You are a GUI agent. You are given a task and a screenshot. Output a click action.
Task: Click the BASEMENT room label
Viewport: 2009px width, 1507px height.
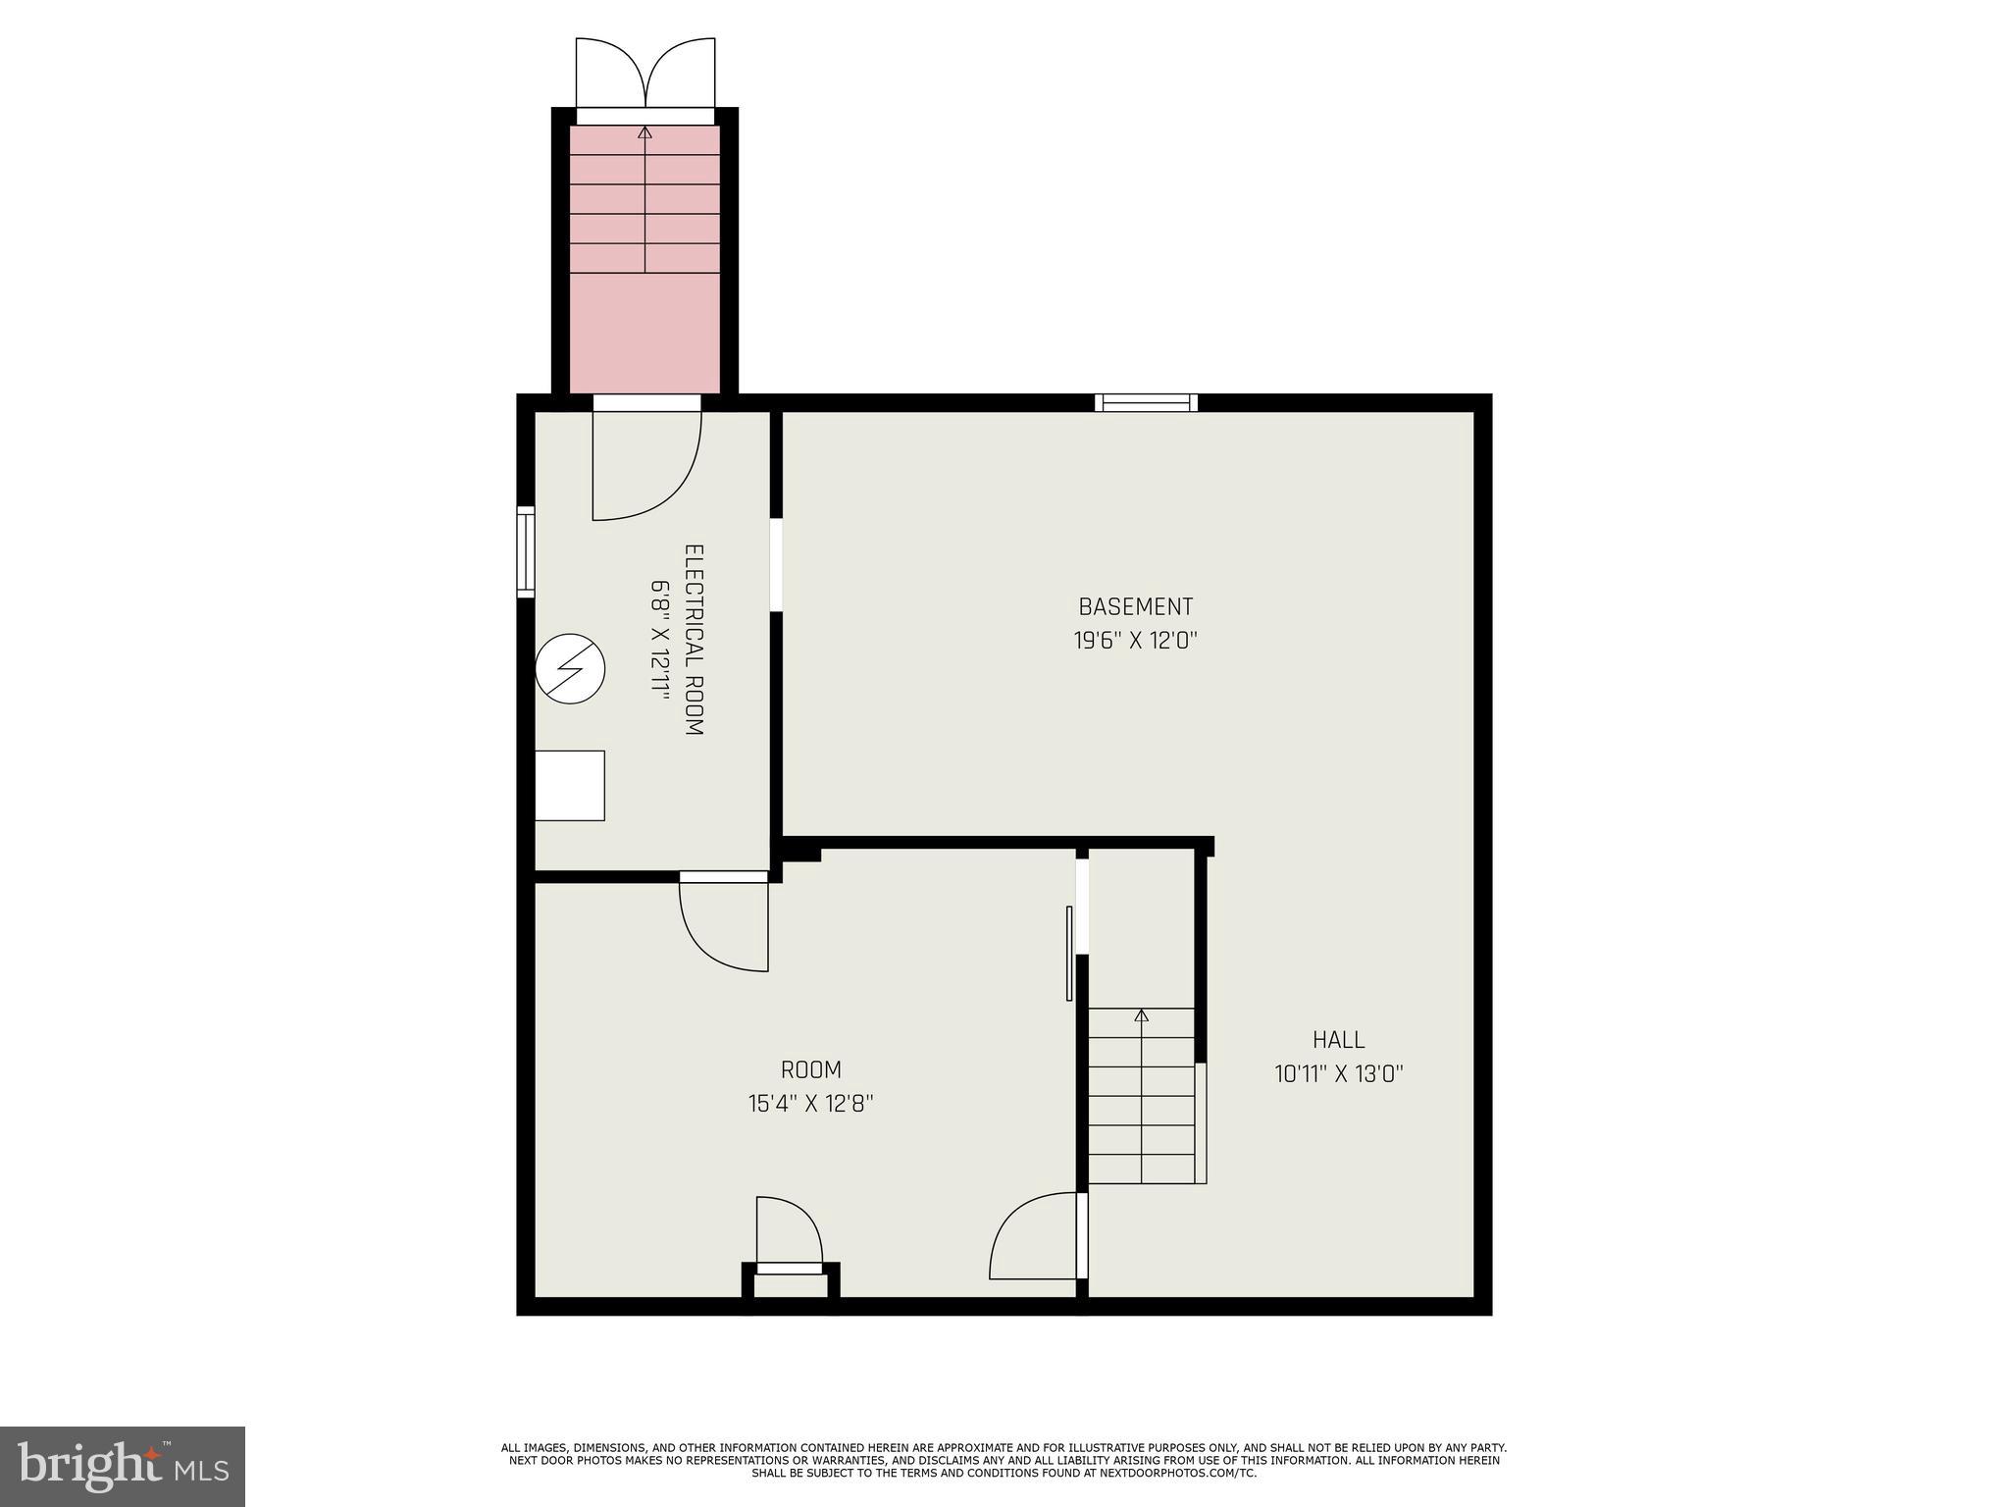1135,606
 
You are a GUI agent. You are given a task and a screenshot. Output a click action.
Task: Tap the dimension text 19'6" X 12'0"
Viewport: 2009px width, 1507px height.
1135,641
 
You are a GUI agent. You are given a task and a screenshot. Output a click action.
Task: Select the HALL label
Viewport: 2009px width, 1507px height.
1338,1039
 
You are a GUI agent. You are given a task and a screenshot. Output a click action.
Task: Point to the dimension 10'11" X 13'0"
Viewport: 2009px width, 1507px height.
1338,1073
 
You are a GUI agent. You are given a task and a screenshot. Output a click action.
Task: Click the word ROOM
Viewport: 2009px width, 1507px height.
810,1069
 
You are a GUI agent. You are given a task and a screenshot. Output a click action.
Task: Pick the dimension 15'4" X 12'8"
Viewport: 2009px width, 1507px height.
810,1104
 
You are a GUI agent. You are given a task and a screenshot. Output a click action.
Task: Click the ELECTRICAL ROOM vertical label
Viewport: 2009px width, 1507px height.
694,640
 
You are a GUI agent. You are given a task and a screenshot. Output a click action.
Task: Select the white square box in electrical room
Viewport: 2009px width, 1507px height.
569,785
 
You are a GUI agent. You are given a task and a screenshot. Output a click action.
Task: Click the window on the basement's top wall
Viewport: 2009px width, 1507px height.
1146,402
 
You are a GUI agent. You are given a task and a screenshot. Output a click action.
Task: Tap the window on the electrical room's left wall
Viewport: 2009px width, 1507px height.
526,552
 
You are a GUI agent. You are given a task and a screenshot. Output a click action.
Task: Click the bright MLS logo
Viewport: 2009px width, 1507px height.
122,1466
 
